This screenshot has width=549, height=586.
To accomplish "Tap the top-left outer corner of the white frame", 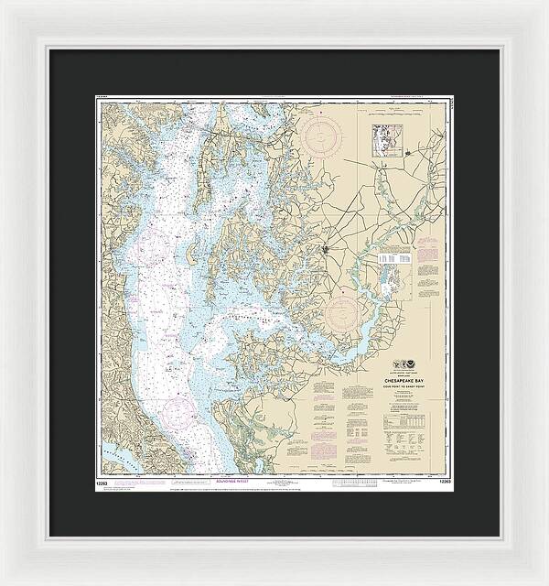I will pos(2,2).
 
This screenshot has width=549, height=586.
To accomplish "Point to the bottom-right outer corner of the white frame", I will pos(546,583).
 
